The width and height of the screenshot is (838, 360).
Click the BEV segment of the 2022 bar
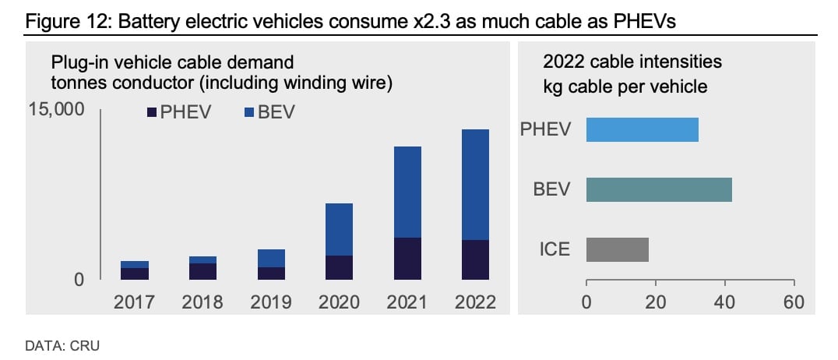point(474,185)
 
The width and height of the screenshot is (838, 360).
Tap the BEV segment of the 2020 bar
point(338,229)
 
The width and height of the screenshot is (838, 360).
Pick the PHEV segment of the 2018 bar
point(202,271)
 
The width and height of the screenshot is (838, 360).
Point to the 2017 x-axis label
point(135,302)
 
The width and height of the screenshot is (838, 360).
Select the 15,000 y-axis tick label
point(56,110)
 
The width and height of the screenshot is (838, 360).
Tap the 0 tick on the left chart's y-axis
point(79,279)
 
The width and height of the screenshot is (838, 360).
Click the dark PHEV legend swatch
point(153,114)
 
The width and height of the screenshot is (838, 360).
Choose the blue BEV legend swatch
point(249,114)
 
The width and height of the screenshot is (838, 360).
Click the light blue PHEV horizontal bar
point(642,129)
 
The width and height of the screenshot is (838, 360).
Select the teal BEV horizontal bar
point(658,189)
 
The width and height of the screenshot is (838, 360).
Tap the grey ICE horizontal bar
point(617,249)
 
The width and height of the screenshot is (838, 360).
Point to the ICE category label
point(555,249)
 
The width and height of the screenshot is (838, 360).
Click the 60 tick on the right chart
point(793,302)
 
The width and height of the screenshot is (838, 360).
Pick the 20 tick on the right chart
point(655,302)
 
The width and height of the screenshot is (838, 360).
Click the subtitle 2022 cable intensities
point(632,62)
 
